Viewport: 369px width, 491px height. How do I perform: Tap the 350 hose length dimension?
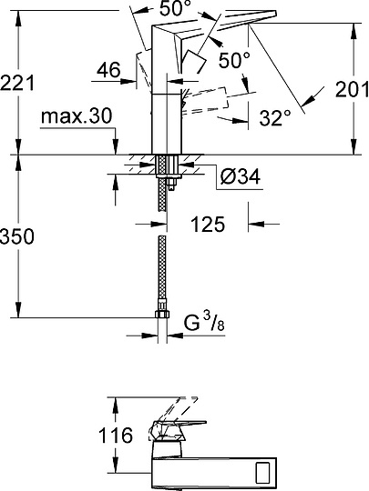pyautogui.click(x=18, y=237)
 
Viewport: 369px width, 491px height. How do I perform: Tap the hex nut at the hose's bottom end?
pyautogui.click(x=163, y=316)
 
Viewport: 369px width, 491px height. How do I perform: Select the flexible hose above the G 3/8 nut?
pyautogui.click(x=163, y=273)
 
